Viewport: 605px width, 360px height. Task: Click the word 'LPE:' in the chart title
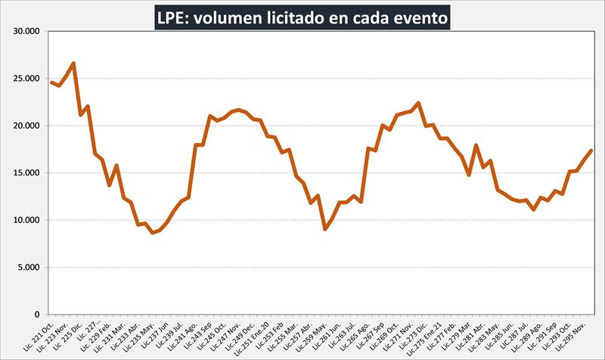[x=173, y=17]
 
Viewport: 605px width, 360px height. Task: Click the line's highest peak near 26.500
[x=73, y=63]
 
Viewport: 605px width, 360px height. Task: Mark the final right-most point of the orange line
[x=591, y=151]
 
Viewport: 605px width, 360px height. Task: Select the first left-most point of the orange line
[x=51, y=82]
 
